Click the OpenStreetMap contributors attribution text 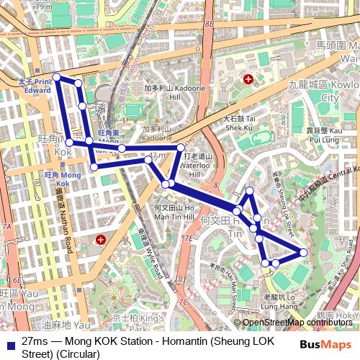[297, 322]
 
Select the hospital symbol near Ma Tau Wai [248, 79]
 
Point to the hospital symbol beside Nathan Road [101, 239]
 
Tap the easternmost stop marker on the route [303, 252]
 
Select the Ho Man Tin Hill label [174, 212]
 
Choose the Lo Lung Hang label [279, 301]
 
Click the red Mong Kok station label [61, 175]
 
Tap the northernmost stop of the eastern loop [249, 191]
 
